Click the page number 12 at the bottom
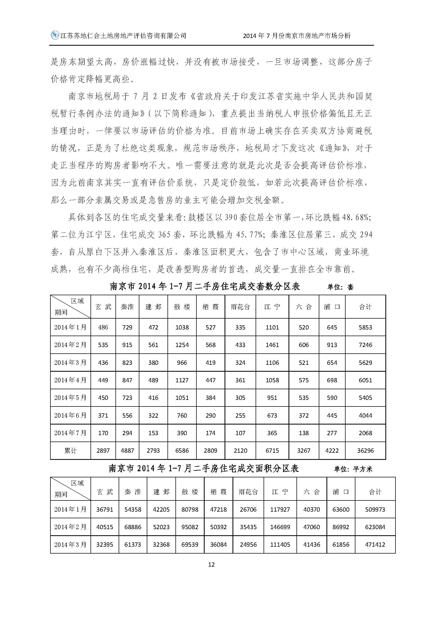(x=211, y=564)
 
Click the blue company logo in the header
(x=55, y=35)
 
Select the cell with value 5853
(x=365, y=327)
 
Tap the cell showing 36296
(x=365, y=451)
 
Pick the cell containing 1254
(x=182, y=345)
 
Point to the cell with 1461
(x=272, y=345)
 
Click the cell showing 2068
(x=365, y=433)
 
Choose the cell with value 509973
(x=375, y=509)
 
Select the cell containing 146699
(x=280, y=527)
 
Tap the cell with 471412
(x=375, y=545)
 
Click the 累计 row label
(x=70, y=451)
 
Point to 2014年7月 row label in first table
(x=70, y=433)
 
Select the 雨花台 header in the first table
(x=240, y=307)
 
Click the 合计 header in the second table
(x=375, y=492)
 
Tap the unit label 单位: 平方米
(x=353, y=469)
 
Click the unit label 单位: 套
(x=340, y=287)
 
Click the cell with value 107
(x=240, y=433)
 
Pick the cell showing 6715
(x=272, y=451)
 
